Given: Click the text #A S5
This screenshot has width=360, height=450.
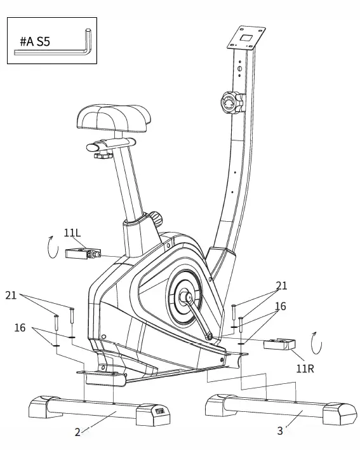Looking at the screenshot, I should (x=35, y=42).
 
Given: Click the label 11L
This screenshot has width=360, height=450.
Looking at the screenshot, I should (x=72, y=233).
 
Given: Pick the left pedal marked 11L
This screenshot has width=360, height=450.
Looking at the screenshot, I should (x=81, y=254).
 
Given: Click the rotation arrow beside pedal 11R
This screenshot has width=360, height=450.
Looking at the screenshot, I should (x=316, y=343).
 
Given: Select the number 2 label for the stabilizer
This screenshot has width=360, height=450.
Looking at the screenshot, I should (x=77, y=432).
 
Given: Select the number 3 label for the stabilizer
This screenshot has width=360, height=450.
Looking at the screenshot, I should (x=279, y=431).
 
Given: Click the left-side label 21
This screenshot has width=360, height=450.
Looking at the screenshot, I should (x=11, y=295).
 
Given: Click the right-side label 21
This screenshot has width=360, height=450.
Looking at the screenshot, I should (x=281, y=285).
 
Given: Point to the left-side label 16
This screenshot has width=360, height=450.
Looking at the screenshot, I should (x=20, y=327).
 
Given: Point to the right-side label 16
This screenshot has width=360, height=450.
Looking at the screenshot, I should (x=280, y=306).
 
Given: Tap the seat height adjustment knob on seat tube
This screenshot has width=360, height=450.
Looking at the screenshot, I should (x=156, y=218).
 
